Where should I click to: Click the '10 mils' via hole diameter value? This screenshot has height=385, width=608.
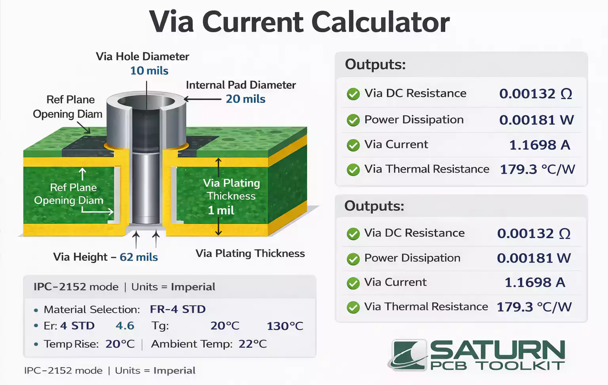click(x=149, y=71)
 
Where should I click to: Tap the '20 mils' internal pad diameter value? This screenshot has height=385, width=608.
click(x=245, y=99)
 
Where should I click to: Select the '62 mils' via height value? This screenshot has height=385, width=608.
click(x=139, y=257)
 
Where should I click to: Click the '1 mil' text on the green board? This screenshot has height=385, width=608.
click(x=221, y=210)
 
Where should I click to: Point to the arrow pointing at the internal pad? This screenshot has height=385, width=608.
click(x=202, y=99)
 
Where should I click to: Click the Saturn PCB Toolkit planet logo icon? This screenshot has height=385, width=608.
click(x=409, y=355)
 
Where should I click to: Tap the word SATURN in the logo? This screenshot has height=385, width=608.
click(x=497, y=350)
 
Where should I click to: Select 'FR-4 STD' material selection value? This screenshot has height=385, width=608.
click(x=178, y=309)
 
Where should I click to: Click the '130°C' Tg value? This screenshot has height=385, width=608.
click(x=285, y=326)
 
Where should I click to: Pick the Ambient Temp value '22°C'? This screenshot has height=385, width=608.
click(x=253, y=344)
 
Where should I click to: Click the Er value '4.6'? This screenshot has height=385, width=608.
click(x=125, y=326)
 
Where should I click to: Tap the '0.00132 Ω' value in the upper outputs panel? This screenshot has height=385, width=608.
click(x=536, y=94)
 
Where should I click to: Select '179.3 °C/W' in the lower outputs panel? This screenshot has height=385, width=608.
click(x=534, y=307)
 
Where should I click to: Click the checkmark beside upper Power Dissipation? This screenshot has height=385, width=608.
click(x=353, y=120)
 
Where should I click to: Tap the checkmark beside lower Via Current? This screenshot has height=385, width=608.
click(x=353, y=283)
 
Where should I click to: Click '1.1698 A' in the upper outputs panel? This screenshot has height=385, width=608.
click(x=540, y=145)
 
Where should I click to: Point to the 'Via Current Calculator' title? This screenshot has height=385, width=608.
click(x=300, y=22)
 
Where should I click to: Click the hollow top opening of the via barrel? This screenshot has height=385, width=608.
click(x=146, y=101)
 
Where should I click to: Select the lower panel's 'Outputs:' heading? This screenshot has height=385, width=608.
click(x=374, y=206)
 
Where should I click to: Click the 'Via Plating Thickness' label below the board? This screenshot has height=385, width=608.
click(x=250, y=253)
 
